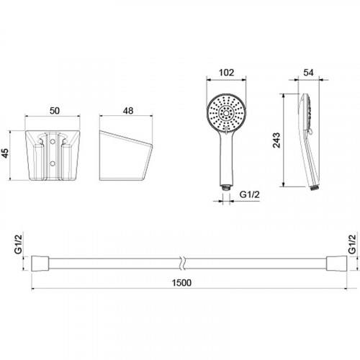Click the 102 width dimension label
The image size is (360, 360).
[226, 73]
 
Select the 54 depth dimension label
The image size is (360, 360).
[308, 73]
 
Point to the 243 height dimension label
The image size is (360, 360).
[276, 140]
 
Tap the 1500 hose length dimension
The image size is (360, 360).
[181, 283]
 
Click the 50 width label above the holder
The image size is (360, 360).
[55, 111]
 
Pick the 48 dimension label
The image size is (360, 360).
[128, 111]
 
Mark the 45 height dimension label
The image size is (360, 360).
[5, 153]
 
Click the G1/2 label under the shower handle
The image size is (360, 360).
[250, 194]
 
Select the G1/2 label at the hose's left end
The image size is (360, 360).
[18, 244]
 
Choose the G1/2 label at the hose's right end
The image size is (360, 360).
[352, 244]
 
